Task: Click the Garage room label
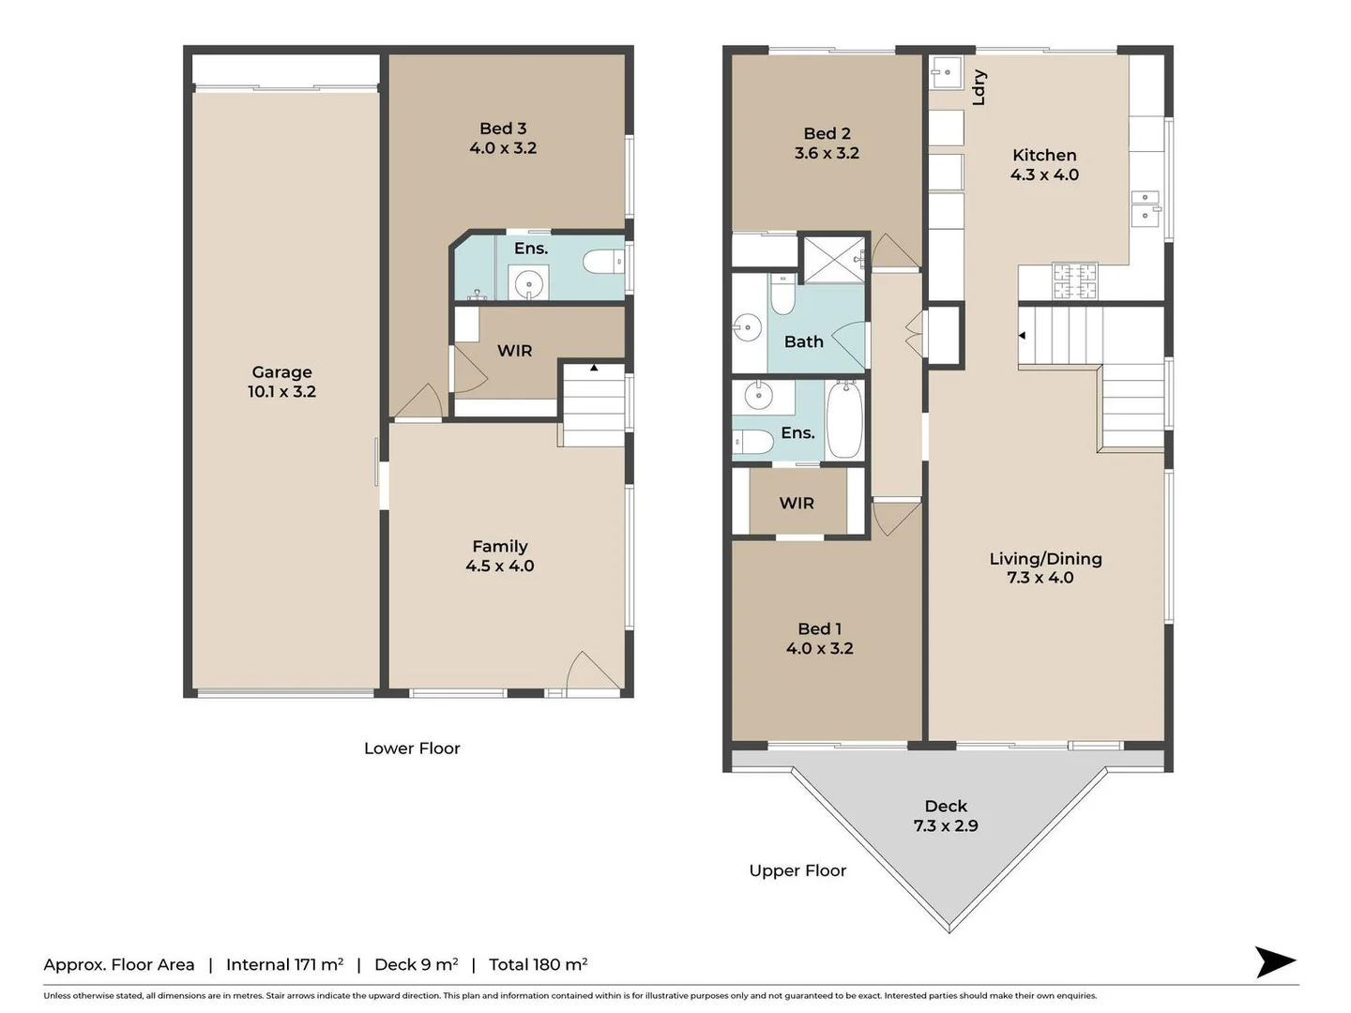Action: pyautogui.click(x=281, y=372)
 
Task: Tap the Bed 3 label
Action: pyautogui.click(x=503, y=129)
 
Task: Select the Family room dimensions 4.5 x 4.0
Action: pyautogui.click(x=500, y=567)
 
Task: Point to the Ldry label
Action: pyautogui.click(x=979, y=87)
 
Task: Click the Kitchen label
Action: pyautogui.click(x=1044, y=156)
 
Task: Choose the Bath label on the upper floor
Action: pyautogui.click(x=804, y=342)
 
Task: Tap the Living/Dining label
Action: pyautogui.click(x=1045, y=559)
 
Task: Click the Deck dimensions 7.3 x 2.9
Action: pyautogui.click(x=946, y=826)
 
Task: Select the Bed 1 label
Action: pyautogui.click(x=819, y=629)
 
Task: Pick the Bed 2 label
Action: pyautogui.click(x=827, y=134)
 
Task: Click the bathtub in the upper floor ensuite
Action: pyautogui.click(x=843, y=419)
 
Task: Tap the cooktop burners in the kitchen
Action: pyautogui.click(x=1074, y=281)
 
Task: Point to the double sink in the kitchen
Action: pyautogui.click(x=1146, y=206)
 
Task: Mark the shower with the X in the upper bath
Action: pyautogui.click(x=832, y=259)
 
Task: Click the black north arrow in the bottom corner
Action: pyautogui.click(x=1275, y=961)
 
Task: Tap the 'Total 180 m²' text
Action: pyautogui.click(x=538, y=965)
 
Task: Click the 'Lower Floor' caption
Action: pyautogui.click(x=412, y=748)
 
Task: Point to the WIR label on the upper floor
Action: pyautogui.click(x=797, y=504)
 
